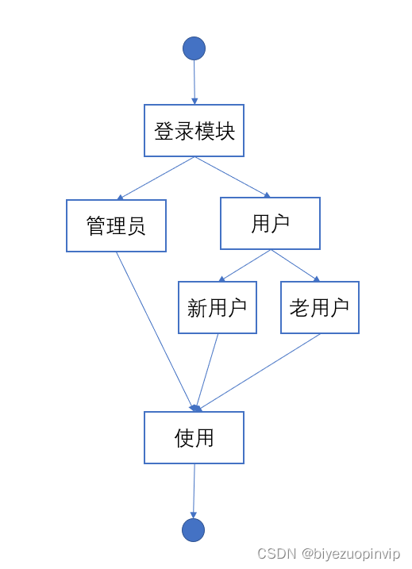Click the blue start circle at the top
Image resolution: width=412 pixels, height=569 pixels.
point(194,48)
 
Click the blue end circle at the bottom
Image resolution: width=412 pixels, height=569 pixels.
point(193,530)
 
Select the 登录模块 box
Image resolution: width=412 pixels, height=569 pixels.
point(194,131)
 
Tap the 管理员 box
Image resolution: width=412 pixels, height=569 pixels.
point(116,226)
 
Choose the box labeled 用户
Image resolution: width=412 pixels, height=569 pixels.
point(270,224)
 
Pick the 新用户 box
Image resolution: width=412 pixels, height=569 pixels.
point(218,308)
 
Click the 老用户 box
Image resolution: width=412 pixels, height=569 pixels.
point(319,308)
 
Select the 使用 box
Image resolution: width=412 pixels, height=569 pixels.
point(194,437)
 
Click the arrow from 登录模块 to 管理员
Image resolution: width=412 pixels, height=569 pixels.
point(156,178)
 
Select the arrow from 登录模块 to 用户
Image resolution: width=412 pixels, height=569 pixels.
point(233,176)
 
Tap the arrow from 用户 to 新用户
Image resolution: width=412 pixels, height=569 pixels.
point(245,266)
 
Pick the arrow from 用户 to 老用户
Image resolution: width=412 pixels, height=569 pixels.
point(295,266)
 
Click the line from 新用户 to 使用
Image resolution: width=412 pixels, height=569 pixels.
point(207,371)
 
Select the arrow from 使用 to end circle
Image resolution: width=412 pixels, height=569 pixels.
point(194,490)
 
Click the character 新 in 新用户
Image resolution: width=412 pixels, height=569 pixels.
point(197,308)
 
